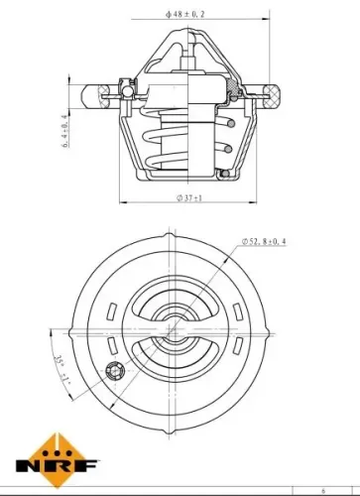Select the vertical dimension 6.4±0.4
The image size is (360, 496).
point(65,128)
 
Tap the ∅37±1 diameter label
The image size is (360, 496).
point(180,198)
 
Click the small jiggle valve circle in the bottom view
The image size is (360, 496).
point(113,373)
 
